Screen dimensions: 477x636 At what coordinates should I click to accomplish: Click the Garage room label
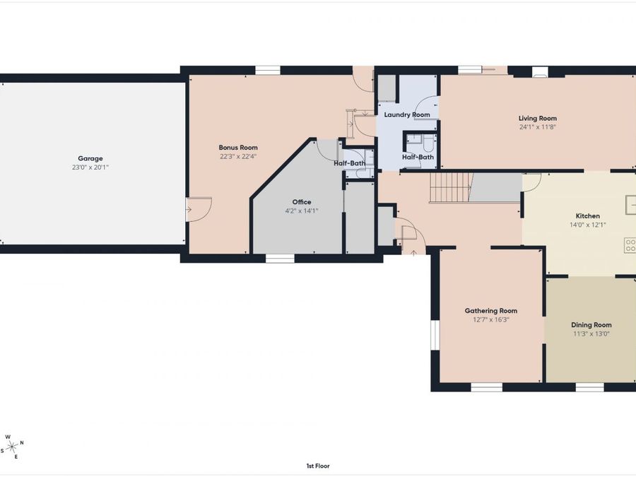[x=90, y=158]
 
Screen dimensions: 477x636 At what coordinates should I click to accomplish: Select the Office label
[x=302, y=202]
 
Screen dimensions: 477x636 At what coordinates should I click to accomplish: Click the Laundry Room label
[x=406, y=114]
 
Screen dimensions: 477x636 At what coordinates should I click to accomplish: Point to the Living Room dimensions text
[x=538, y=128]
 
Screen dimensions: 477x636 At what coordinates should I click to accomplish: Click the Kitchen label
[x=587, y=216]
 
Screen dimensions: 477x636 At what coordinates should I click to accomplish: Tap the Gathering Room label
[x=490, y=311]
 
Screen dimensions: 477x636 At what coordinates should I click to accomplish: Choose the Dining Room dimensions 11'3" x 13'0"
[x=591, y=334]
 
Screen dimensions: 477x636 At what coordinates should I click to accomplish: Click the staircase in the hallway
[x=450, y=187]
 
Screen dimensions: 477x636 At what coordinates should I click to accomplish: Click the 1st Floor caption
[x=317, y=466]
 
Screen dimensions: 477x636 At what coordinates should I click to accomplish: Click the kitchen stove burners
[x=630, y=245]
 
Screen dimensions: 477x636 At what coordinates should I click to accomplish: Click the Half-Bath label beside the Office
[x=349, y=164]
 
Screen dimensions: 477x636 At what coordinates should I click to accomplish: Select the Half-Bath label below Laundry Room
[x=418, y=157]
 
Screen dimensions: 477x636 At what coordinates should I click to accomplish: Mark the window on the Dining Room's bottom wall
[x=589, y=387]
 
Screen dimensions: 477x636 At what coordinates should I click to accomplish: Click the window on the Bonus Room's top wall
[x=267, y=70]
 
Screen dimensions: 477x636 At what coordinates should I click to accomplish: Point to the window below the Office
[x=280, y=259]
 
